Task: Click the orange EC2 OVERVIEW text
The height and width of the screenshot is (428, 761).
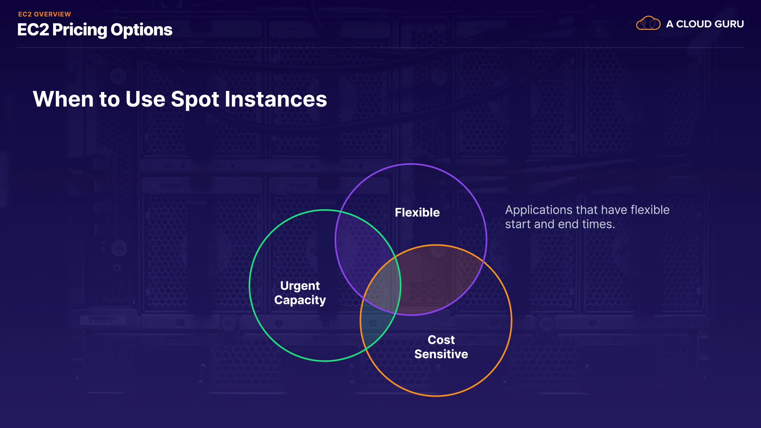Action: [44, 14]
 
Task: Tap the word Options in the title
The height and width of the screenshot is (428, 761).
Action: [141, 30]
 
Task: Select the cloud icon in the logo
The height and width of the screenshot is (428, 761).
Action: [648, 23]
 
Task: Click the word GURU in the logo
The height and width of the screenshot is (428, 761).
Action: [729, 24]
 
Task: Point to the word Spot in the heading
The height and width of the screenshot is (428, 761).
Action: [195, 99]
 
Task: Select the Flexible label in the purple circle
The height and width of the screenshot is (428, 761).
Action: [417, 212]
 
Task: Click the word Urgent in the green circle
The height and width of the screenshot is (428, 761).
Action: [300, 286]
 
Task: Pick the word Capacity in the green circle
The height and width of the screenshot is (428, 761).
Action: [300, 300]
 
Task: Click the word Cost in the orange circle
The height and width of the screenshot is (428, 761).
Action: [441, 340]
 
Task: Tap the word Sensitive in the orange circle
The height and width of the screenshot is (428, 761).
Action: [441, 354]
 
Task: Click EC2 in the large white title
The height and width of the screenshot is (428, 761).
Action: [33, 30]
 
